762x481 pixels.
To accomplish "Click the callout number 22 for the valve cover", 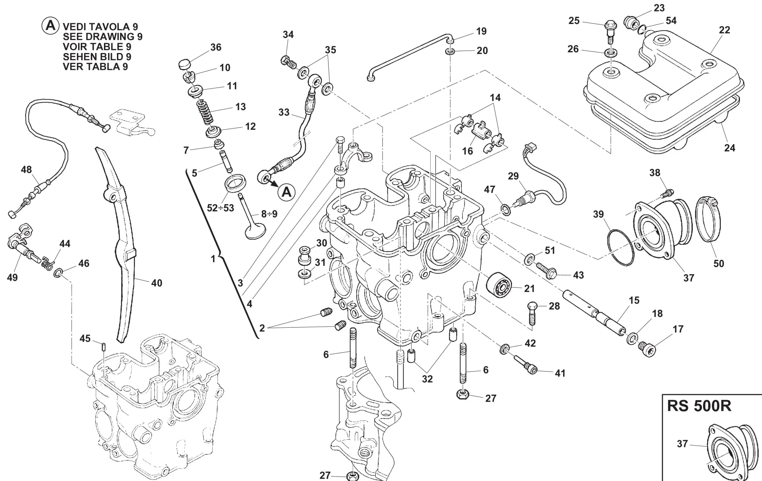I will [724, 30].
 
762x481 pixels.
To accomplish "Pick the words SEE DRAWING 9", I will [102, 37].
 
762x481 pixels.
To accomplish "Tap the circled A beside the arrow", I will [286, 192].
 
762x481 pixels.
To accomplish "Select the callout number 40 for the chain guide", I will [157, 283].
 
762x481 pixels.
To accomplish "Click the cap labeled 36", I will [184, 64].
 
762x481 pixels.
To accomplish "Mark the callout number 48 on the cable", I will [26, 169].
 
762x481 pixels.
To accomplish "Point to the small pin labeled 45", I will [104, 346].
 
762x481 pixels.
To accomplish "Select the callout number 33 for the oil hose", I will [284, 113].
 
